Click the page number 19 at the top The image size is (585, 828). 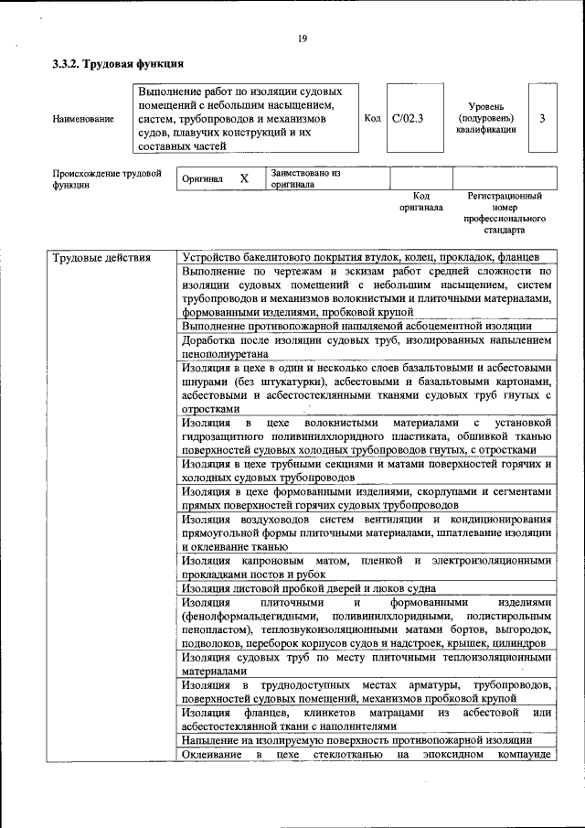pos(301,38)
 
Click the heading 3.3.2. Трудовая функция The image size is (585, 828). pos(118,65)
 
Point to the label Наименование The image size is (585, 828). pos(83,119)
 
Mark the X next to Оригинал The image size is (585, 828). pos(244,179)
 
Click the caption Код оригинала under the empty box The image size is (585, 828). pos(420,201)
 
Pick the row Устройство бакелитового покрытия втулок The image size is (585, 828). pos(365,257)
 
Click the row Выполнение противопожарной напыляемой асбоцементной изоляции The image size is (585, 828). pos(356,326)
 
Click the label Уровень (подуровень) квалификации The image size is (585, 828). pos(485,119)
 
